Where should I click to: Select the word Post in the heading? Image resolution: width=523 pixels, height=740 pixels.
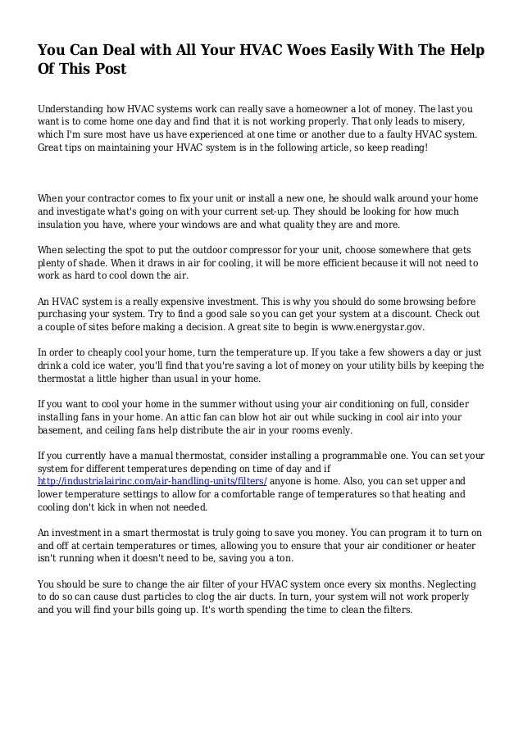[x=108, y=69]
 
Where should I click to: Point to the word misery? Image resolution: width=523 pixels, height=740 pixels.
[x=450, y=121]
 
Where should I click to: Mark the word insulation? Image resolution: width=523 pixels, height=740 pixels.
[x=67, y=226]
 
